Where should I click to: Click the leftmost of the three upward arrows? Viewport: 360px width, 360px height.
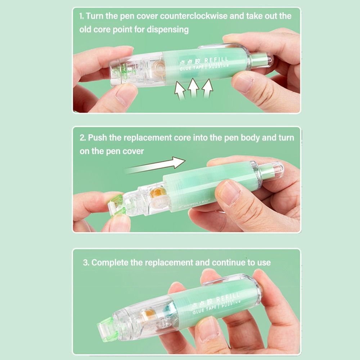pyautogui.click(x=180, y=91)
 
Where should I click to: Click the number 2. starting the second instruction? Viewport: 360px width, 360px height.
pyautogui.click(x=82, y=138)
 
